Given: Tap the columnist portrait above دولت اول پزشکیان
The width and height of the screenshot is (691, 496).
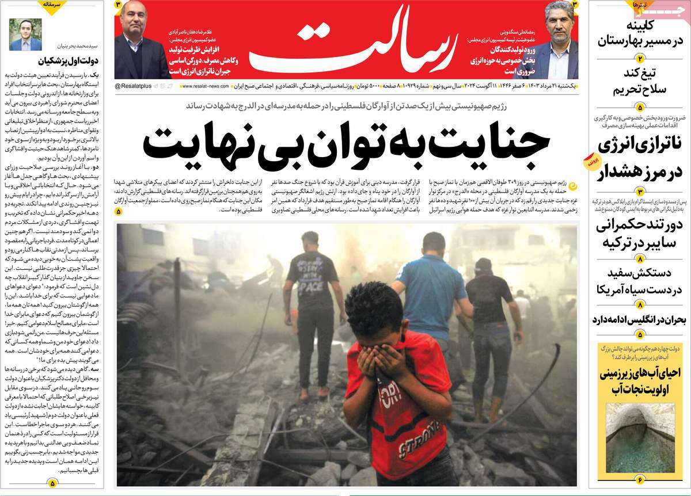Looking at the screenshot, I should [x=25, y=35].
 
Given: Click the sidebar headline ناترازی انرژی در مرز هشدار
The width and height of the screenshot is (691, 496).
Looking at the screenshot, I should [x=639, y=158].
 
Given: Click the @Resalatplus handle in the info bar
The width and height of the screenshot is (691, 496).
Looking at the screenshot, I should [x=133, y=86].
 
